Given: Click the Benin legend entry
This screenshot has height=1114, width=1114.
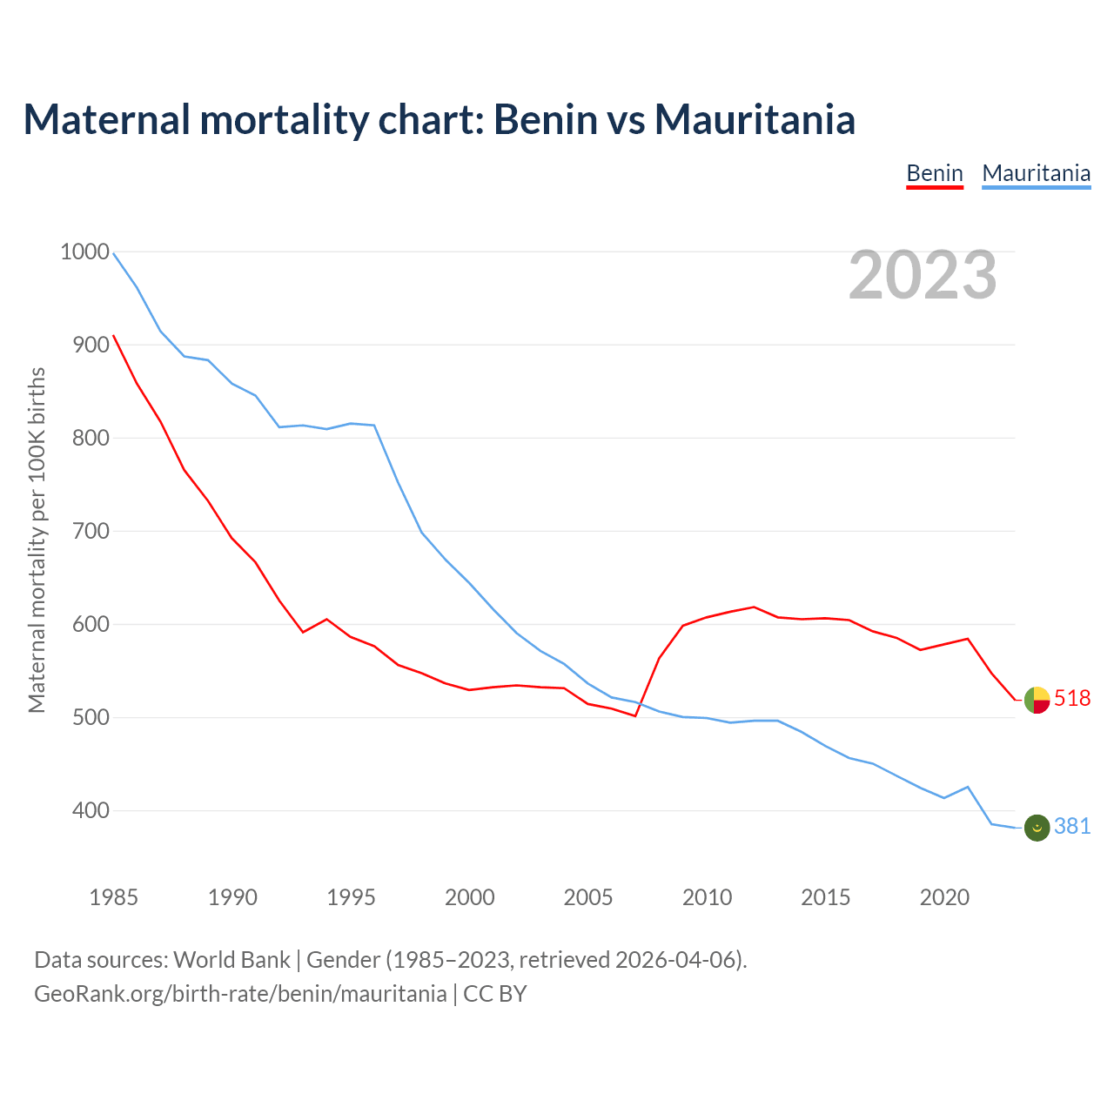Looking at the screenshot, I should pyautogui.click(x=935, y=173).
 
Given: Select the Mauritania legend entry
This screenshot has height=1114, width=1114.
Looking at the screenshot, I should pyautogui.click(x=1036, y=173).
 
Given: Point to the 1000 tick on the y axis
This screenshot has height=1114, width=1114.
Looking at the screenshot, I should pyautogui.click(x=84, y=252).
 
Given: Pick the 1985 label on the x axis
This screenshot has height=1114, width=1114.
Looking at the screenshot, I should pyautogui.click(x=114, y=897).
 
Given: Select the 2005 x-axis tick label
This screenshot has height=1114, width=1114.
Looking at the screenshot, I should pyautogui.click(x=588, y=897).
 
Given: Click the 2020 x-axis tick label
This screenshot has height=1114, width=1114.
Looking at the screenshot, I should pyautogui.click(x=944, y=897).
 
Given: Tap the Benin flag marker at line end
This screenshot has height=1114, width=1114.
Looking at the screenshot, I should pyautogui.click(x=1037, y=700).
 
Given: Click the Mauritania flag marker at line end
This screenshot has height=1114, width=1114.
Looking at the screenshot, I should pyautogui.click(x=1037, y=828).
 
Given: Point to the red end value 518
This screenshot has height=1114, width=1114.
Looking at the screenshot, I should pyautogui.click(x=1072, y=698).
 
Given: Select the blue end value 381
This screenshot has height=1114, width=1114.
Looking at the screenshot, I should pyautogui.click(x=1072, y=826).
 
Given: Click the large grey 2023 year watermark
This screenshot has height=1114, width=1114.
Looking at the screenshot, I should pyautogui.click(x=923, y=275).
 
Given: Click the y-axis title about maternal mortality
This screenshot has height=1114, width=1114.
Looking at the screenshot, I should pyautogui.click(x=37, y=540).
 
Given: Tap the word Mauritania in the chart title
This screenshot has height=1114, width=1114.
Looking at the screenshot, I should pyautogui.click(x=755, y=119).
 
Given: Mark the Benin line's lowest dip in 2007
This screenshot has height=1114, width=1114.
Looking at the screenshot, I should pyautogui.click(x=635, y=715).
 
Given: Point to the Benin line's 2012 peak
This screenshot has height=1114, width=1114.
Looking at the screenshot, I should pyautogui.click(x=754, y=607).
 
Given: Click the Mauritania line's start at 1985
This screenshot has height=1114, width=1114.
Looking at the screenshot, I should pyautogui.click(x=114, y=253).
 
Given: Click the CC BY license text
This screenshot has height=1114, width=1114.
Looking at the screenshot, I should pyautogui.click(x=495, y=994).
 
